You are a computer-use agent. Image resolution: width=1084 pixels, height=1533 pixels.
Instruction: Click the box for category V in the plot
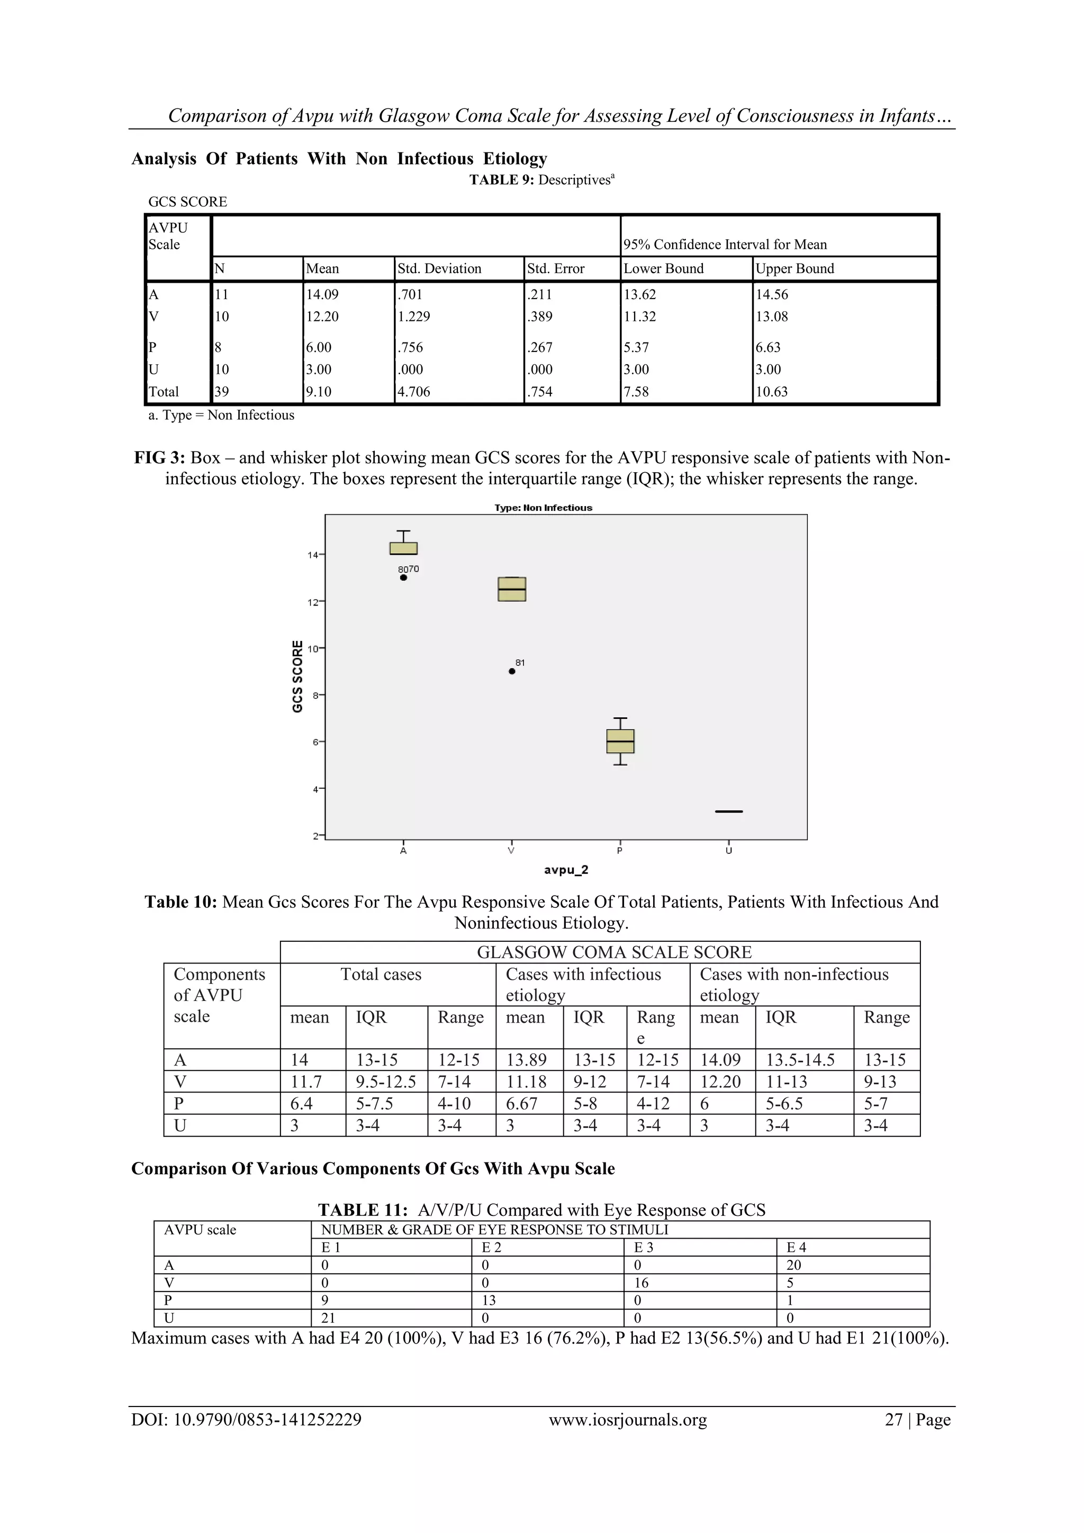coord(512,589)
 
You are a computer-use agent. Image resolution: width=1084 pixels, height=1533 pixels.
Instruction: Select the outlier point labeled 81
coord(512,671)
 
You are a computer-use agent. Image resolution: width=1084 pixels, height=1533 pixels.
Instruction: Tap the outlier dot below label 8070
coord(403,578)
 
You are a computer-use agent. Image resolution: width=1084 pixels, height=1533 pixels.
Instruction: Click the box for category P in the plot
coord(620,741)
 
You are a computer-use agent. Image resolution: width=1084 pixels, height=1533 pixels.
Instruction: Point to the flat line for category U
coord(728,811)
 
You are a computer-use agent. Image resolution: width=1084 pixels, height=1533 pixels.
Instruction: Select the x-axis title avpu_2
coord(566,870)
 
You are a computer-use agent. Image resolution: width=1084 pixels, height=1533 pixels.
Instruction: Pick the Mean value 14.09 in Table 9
coord(322,294)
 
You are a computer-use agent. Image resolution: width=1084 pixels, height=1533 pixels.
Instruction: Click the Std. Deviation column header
coord(439,268)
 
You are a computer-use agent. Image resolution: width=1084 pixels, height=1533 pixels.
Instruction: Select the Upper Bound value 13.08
coord(772,317)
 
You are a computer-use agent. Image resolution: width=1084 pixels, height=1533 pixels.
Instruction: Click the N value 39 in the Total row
coord(222,392)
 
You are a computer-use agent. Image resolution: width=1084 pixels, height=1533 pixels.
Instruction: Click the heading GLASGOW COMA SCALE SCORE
coord(613,952)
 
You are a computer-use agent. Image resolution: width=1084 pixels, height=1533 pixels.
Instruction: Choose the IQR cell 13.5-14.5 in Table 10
coord(800,1060)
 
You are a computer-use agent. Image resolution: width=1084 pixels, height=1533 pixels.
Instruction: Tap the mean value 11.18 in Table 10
coord(526,1081)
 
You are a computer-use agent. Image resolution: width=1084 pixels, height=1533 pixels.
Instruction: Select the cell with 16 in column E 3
coord(642,1283)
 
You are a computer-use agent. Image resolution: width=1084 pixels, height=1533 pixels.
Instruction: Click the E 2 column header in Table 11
coord(491,1247)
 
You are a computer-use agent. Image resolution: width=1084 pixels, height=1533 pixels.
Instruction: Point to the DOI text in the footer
coord(246,1420)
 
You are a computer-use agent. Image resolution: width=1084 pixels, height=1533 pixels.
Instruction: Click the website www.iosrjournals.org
coord(627,1420)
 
